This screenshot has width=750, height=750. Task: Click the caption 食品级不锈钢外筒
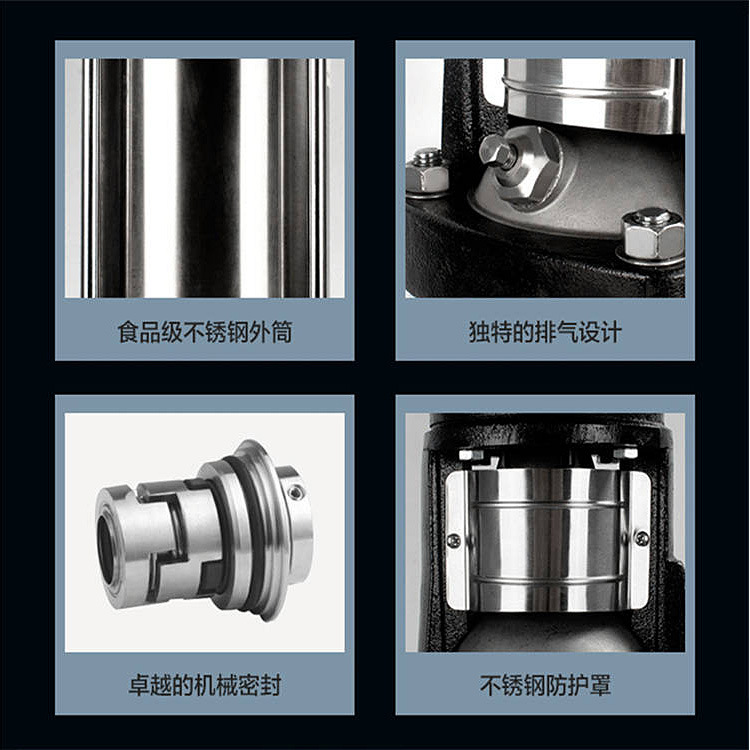click(205, 332)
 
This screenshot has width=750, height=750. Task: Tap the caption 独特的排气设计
click(545, 332)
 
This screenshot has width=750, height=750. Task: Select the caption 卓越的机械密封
click(205, 685)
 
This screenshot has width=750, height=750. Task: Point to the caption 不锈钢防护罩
click(545, 685)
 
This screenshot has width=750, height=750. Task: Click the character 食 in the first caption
click(129, 332)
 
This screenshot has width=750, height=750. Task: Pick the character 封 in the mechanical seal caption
click(271, 685)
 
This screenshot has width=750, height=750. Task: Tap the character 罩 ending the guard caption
click(600, 685)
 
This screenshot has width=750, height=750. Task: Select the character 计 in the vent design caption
click(611, 332)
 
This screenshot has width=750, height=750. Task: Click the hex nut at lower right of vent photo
click(652, 235)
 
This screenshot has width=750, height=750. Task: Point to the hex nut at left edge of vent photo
click(426, 172)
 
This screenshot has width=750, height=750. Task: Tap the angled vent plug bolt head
click(497, 151)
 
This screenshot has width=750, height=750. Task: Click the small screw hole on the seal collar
click(296, 492)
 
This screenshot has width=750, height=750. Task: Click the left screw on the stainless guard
click(452, 541)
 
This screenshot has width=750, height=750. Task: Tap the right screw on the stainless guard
click(641, 538)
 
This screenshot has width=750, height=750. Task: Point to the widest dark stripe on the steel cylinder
click(210, 178)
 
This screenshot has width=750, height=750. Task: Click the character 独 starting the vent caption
click(480, 332)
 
